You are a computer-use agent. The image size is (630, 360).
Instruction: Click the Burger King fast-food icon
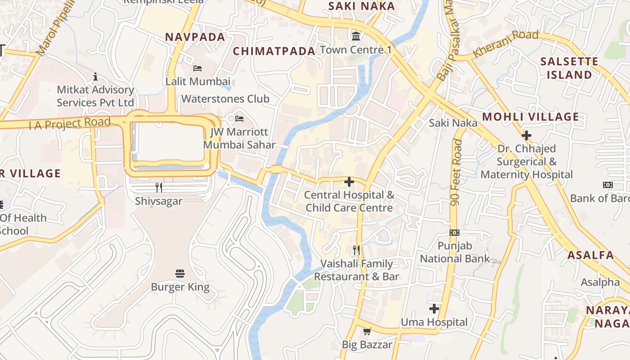180,273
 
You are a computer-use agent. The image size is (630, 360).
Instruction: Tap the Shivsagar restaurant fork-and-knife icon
159,188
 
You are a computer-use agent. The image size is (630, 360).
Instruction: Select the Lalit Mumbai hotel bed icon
197,68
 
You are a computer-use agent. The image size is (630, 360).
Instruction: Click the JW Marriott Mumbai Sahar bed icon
239,119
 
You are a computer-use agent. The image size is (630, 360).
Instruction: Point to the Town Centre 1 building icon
356,36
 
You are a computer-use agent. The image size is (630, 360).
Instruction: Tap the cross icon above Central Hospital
349,182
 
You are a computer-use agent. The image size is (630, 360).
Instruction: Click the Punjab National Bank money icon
454,233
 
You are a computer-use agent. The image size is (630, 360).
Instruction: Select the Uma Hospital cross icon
434,309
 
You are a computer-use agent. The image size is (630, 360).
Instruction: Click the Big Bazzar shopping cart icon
367,332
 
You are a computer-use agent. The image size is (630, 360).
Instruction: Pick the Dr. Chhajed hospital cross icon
526,135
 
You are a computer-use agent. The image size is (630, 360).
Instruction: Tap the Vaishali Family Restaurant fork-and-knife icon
356,250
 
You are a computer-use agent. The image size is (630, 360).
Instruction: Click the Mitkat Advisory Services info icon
95,76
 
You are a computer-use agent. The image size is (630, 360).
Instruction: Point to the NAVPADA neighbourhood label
195,37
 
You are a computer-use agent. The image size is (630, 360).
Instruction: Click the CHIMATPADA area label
274,51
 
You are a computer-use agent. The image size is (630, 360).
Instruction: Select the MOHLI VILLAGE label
531,117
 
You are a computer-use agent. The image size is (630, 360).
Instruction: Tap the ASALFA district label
590,255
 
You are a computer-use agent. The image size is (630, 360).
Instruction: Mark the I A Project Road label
69,123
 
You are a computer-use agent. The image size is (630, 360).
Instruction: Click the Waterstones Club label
225,99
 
